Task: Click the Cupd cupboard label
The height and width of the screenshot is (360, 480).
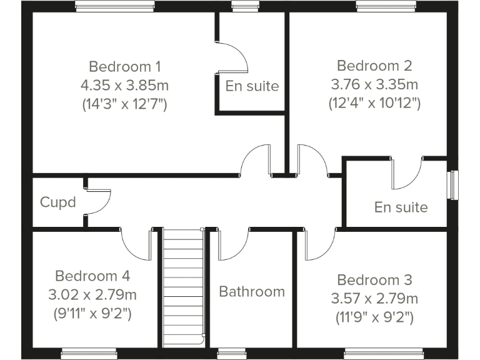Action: (x=58, y=202)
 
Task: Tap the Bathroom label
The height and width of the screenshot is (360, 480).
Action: (x=252, y=292)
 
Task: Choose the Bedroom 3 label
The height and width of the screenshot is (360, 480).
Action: (x=374, y=280)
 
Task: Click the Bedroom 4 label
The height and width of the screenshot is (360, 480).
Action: (x=92, y=276)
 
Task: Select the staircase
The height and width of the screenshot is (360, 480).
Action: (x=184, y=287)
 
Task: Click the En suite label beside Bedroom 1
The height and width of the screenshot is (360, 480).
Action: (x=252, y=86)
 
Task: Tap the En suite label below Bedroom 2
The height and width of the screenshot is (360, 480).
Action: (x=401, y=207)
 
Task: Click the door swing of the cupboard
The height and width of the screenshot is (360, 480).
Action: (x=99, y=201)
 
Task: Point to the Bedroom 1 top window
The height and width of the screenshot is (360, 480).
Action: (x=115, y=7)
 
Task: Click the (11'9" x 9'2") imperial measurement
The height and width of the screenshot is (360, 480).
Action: (x=374, y=318)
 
